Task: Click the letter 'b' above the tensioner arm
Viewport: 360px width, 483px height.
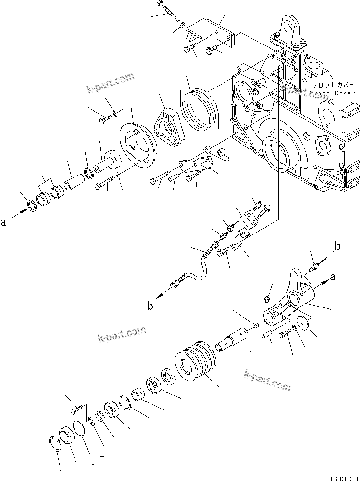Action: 338,247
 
